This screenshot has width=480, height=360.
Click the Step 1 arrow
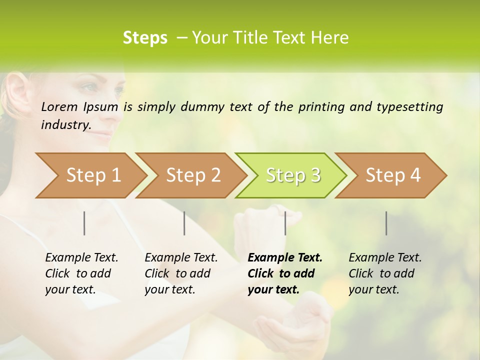click(92, 175)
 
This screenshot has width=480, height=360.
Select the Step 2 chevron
click(192, 175)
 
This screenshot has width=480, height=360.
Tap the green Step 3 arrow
click(292, 175)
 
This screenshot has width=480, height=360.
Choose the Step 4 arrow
click(392, 175)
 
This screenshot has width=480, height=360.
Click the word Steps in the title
click(145, 38)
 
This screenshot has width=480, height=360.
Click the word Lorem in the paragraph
click(59, 106)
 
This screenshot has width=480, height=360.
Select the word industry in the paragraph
click(65, 124)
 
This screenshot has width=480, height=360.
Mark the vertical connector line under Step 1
click(84, 223)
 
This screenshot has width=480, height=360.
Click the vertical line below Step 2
click(184, 223)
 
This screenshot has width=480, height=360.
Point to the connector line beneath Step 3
click(285, 223)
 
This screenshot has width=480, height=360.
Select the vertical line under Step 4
click(386, 223)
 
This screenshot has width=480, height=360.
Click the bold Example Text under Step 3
click(285, 258)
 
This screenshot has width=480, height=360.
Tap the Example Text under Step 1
click(81, 258)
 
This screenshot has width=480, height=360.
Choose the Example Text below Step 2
click(181, 258)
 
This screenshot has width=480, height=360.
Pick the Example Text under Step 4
click(385, 258)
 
